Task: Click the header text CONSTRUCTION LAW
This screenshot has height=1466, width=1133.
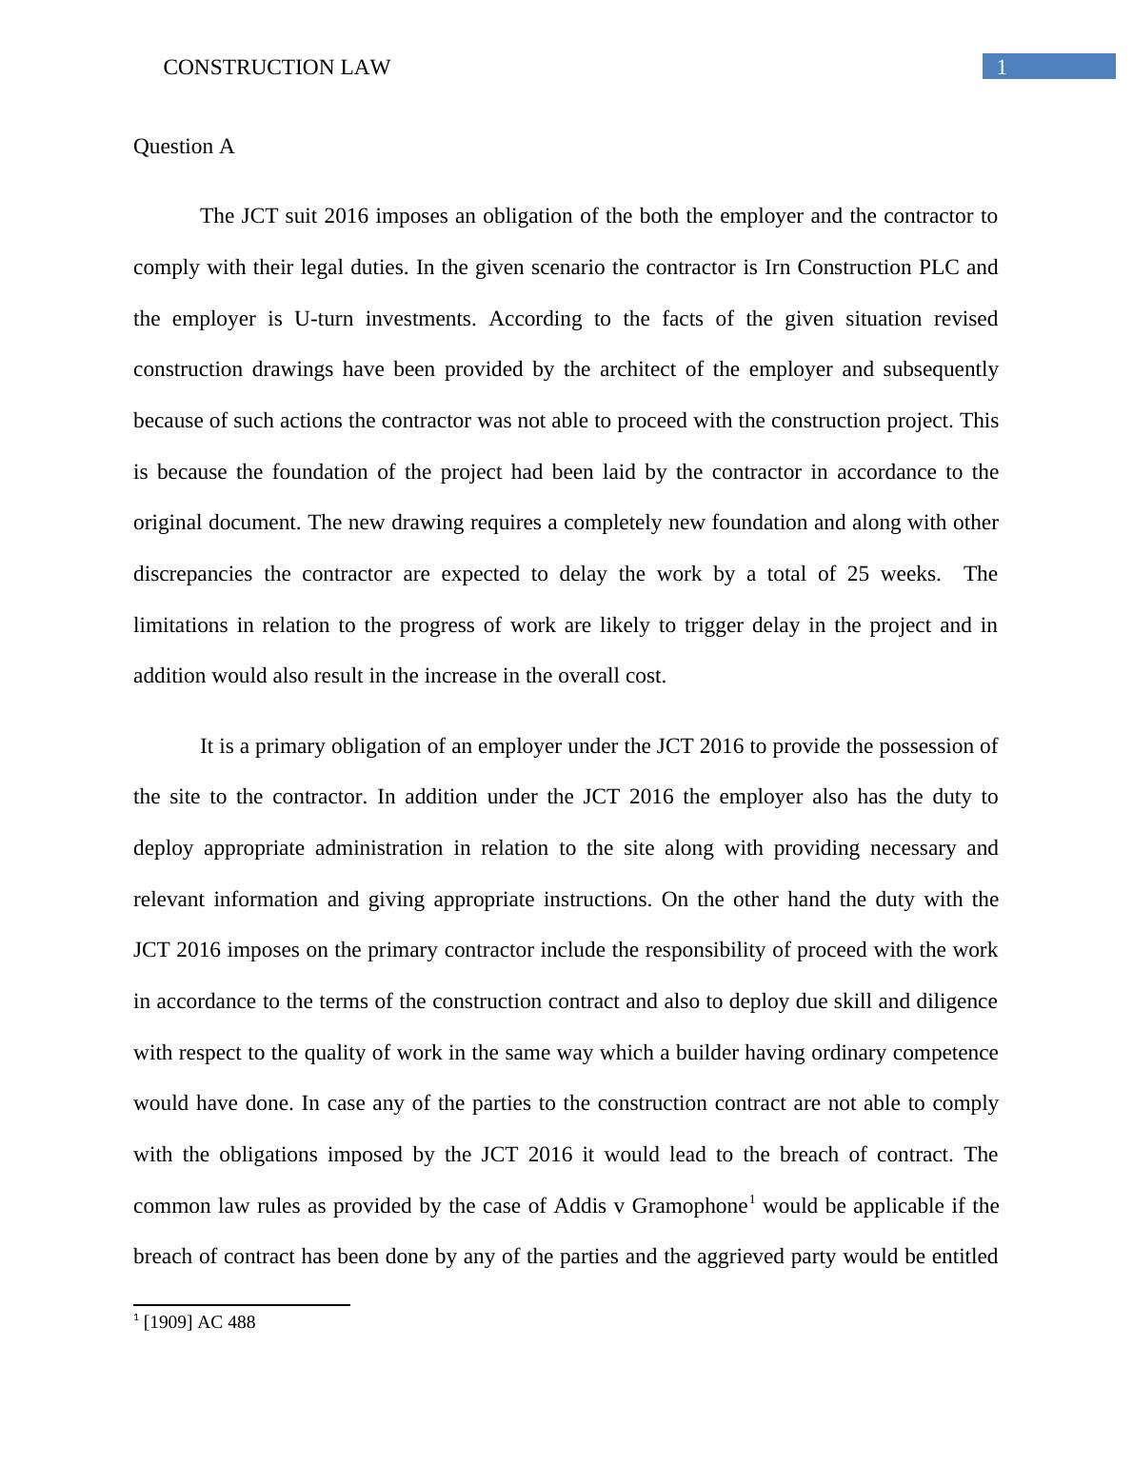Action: pos(277,68)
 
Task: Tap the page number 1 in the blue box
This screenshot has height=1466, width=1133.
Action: pos(1002,67)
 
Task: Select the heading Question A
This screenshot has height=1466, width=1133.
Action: pos(184,147)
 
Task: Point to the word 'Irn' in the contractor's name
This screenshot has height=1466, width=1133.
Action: pos(777,267)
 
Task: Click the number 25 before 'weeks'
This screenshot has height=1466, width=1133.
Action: pos(858,574)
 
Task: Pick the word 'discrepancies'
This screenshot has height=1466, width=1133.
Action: pos(192,574)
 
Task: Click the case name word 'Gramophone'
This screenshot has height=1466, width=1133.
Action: pos(688,1206)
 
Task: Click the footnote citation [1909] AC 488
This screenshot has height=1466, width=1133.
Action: pos(199,1322)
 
